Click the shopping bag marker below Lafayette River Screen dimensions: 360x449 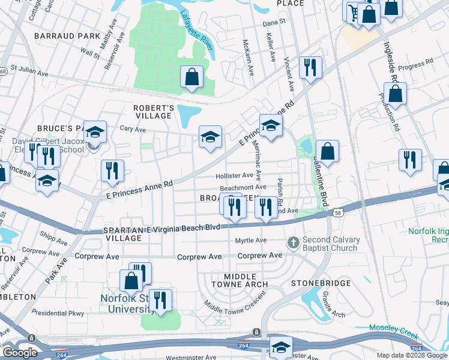(192, 77)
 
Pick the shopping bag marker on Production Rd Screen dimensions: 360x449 (396, 94)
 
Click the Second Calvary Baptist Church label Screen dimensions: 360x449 (332, 244)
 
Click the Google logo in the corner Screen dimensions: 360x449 (20, 353)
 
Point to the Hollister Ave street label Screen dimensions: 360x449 (234, 176)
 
